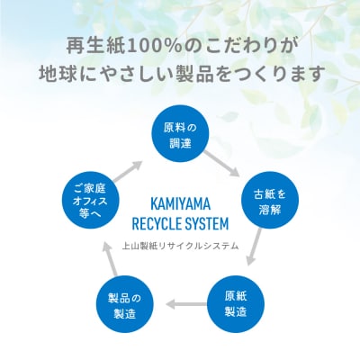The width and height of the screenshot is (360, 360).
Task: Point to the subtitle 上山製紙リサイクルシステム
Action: (180, 244)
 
